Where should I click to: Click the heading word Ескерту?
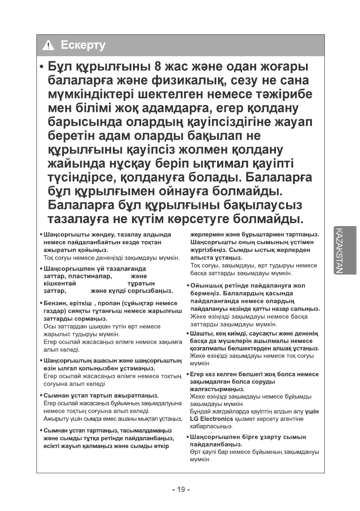pos(83,45)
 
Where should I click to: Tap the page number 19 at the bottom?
pos(181,490)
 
